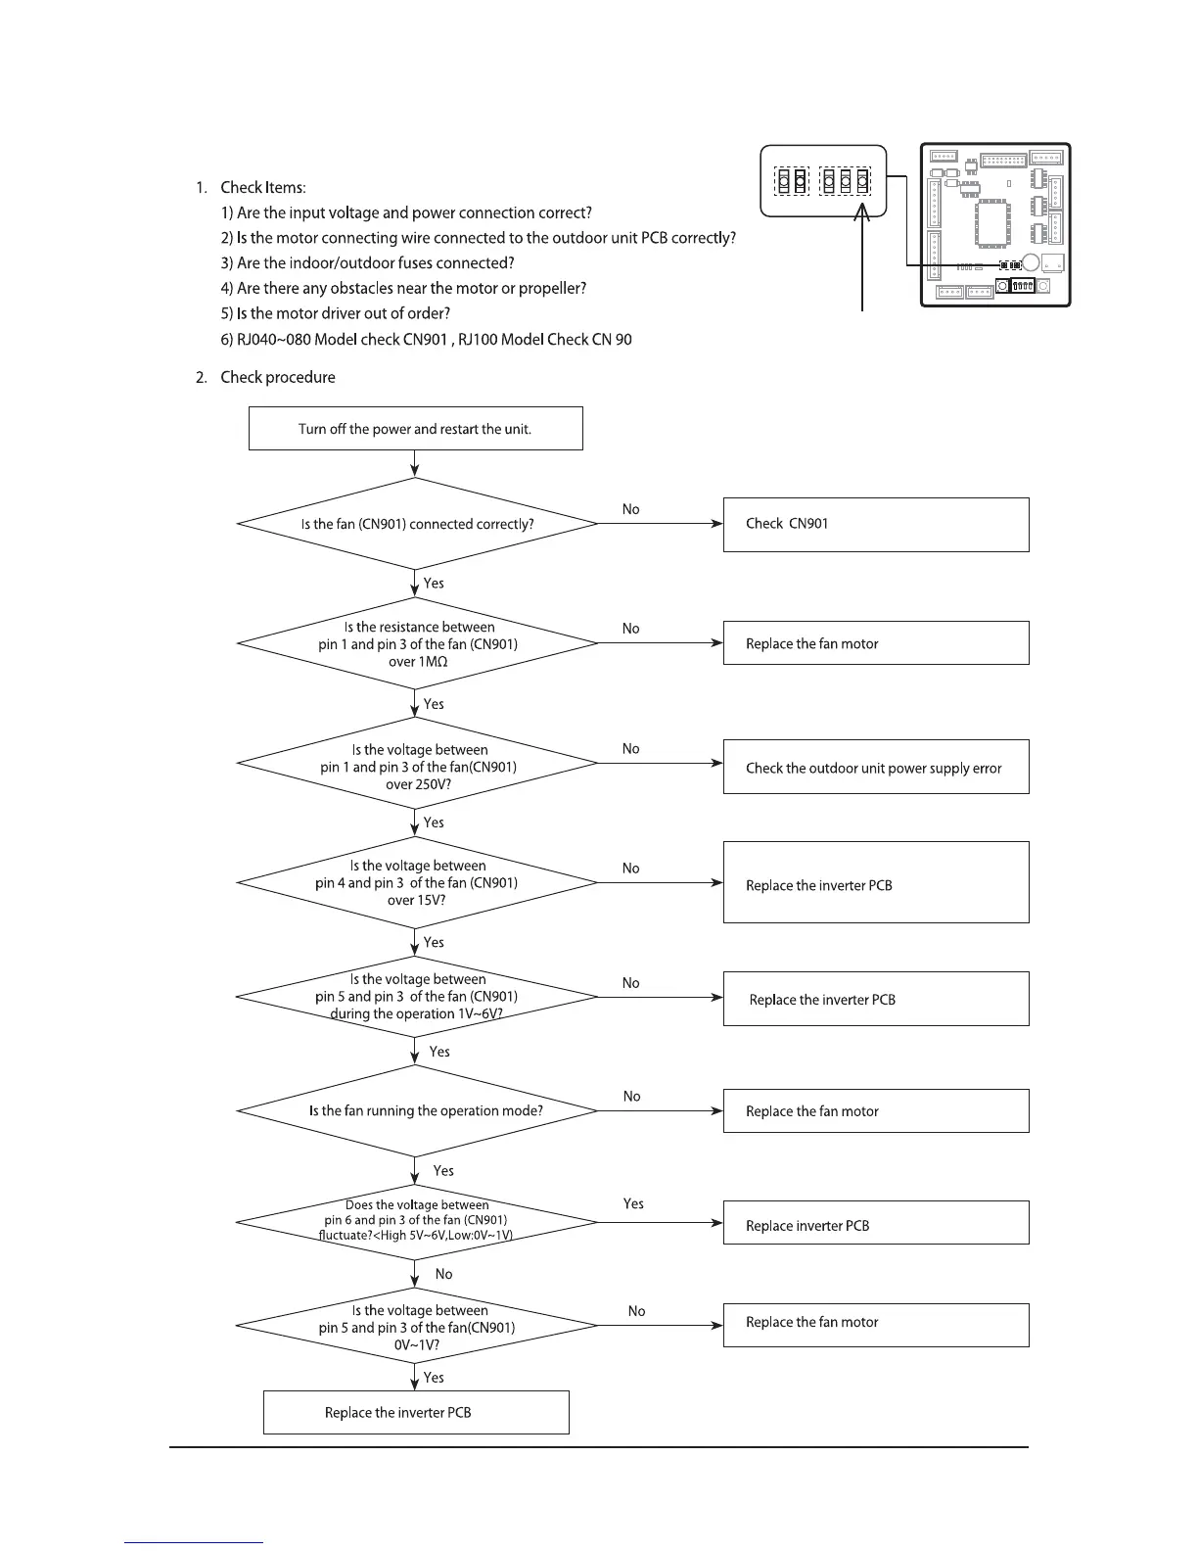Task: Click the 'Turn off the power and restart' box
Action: click(415, 429)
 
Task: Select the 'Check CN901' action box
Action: click(875, 524)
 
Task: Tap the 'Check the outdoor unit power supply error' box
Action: click(875, 767)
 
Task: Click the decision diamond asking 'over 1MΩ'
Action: click(417, 643)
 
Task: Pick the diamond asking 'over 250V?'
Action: click(417, 764)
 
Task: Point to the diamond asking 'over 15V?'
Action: click(417, 882)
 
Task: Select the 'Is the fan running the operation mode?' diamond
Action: click(417, 1110)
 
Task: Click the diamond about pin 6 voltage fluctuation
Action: click(417, 1221)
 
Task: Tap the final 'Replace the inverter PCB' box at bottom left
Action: click(415, 1412)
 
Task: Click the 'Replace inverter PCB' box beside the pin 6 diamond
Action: click(875, 1223)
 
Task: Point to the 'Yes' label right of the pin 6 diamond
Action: click(633, 1203)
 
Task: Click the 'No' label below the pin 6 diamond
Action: click(443, 1274)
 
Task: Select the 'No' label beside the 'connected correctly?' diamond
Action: click(630, 509)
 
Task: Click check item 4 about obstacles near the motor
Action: click(411, 288)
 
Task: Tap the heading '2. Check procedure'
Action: click(265, 377)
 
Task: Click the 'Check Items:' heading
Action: click(262, 187)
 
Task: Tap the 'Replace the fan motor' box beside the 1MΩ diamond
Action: click(875, 643)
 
